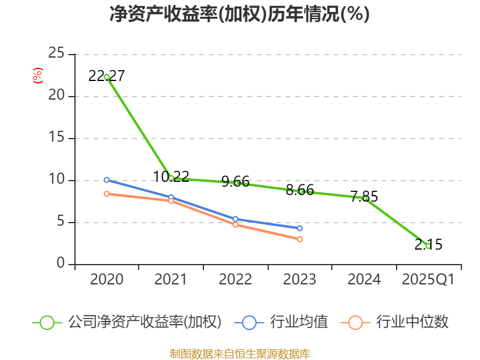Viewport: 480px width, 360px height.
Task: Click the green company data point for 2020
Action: click(106, 77)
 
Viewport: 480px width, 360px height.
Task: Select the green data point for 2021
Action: click(171, 178)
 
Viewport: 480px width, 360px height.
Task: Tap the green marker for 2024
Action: click(364, 198)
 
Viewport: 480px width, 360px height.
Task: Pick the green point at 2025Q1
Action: click(428, 246)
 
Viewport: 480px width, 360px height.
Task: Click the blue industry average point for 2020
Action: click(106, 180)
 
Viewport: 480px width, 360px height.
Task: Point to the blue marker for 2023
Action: click(299, 228)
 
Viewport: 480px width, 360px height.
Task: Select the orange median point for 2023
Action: click(299, 239)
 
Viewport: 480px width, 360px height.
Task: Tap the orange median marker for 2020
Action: click(106, 194)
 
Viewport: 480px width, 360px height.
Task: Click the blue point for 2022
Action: click(235, 219)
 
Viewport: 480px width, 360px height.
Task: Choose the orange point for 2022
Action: click(235, 224)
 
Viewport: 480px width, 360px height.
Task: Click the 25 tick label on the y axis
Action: click(56, 54)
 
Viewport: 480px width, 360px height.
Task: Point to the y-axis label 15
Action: click(56, 138)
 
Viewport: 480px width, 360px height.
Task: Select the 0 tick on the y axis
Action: click(61, 264)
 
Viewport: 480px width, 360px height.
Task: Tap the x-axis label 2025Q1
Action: click(428, 280)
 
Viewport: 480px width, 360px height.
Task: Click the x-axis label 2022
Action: click(235, 280)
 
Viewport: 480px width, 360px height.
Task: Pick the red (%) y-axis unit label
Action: click(37, 76)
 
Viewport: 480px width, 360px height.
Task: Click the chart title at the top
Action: click(239, 14)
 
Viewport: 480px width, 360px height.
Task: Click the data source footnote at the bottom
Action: click(239, 353)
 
